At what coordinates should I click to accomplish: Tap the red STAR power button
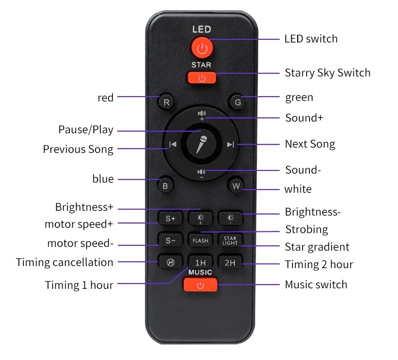pyautogui.click(x=202, y=78)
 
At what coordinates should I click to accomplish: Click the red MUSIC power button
pyautogui.click(x=201, y=285)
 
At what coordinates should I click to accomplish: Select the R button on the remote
pyautogui.click(x=166, y=102)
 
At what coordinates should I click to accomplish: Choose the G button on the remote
pyautogui.click(x=237, y=102)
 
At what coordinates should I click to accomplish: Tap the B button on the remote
pyautogui.click(x=165, y=185)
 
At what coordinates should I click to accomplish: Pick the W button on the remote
pyautogui.click(x=236, y=185)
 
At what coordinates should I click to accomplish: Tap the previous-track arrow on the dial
pyautogui.click(x=173, y=144)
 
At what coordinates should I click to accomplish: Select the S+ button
pyautogui.click(x=170, y=218)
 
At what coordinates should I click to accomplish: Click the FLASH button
pyautogui.click(x=200, y=240)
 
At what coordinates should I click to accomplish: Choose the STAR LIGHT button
pyautogui.click(x=230, y=240)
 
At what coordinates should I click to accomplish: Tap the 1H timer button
pyautogui.click(x=200, y=262)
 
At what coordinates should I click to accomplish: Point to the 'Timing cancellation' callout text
pyautogui.click(x=64, y=262)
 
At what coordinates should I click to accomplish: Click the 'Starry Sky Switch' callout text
pyautogui.click(x=328, y=73)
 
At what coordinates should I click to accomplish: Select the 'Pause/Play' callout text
pyautogui.click(x=86, y=130)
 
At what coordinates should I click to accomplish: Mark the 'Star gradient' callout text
pyautogui.click(x=317, y=247)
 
